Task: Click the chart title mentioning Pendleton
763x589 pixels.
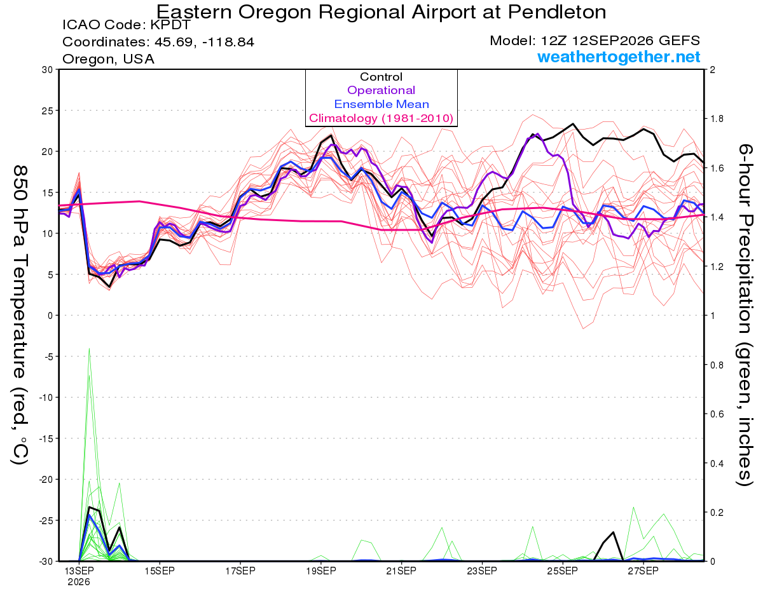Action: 381,12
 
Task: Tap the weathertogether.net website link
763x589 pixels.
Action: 619,57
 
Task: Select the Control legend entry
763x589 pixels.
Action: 381,77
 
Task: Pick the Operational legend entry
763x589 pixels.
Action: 381,90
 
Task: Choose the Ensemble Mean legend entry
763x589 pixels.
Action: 381,104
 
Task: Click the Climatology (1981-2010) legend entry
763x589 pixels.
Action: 381,118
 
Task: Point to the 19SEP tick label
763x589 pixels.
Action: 321,571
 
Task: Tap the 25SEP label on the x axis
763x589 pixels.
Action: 563,571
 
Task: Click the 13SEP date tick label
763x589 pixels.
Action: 79,571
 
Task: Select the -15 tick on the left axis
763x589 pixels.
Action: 46,438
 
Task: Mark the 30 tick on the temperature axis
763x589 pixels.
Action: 48,70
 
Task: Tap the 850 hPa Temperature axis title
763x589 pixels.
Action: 20,315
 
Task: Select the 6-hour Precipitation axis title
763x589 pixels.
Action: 745,315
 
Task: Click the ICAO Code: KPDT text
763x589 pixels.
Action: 127,25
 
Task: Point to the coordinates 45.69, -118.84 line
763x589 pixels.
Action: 158,42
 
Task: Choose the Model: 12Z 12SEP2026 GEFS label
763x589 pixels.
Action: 595,41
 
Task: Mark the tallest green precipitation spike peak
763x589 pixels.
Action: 89,348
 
